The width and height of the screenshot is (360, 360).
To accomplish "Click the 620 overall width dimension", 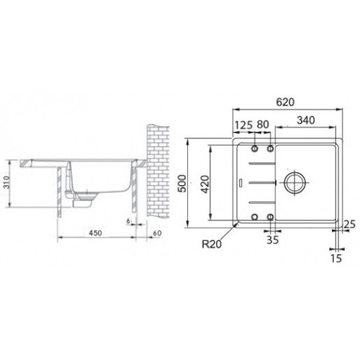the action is click(285, 102).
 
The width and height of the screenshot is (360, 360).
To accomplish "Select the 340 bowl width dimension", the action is click(306, 120).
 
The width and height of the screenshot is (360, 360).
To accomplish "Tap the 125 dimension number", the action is click(243, 125).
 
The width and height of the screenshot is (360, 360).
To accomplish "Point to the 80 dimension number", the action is click(263, 124).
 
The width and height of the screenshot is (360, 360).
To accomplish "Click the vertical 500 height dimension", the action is click(182, 183).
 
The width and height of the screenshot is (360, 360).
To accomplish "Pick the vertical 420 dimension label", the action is click(206, 184).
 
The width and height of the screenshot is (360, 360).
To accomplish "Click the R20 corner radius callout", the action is click(212, 244).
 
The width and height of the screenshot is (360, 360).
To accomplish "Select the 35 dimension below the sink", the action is click(273, 240).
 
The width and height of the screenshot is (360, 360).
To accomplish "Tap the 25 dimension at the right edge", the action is click(350, 224).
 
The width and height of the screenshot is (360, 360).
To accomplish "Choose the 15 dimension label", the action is click(336, 259).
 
